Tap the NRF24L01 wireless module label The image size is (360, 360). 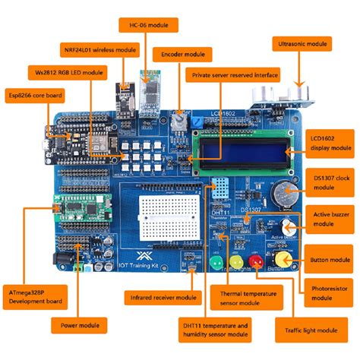pyautogui.click(x=100, y=50)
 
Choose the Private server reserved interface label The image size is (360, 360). pyautogui.click(x=234, y=74)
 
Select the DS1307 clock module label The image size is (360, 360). pyautogui.click(x=330, y=182)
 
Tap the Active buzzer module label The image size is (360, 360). pyautogui.click(x=330, y=219)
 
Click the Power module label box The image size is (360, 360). pyautogui.click(x=77, y=326)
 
